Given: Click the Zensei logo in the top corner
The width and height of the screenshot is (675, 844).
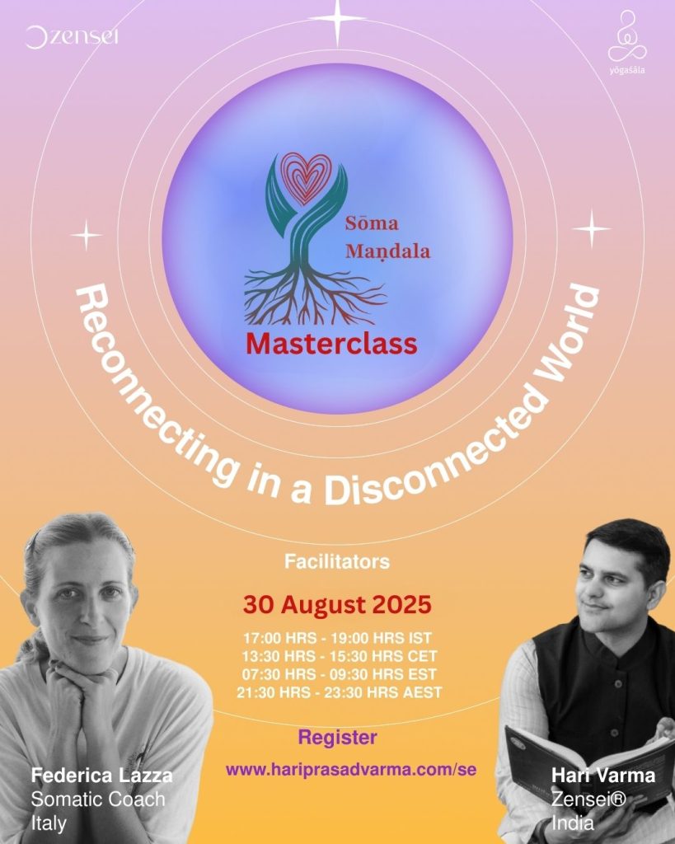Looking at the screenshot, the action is click(72, 37).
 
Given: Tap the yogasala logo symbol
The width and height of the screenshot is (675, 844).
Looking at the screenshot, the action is click(627, 37).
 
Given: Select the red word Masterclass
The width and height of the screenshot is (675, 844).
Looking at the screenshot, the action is click(331, 344).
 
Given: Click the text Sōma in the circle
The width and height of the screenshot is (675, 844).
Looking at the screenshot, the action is click(372, 223).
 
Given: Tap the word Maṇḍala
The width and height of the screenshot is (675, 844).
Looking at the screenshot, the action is click(388, 251).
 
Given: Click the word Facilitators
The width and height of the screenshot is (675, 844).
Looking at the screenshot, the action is click(337, 561).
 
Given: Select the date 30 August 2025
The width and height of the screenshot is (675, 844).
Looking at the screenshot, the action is click(337, 604).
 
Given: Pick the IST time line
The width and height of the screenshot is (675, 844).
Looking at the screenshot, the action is click(338, 639).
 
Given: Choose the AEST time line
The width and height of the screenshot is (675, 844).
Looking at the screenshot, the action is click(339, 692).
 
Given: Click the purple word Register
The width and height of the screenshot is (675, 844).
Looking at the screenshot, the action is click(338, 738).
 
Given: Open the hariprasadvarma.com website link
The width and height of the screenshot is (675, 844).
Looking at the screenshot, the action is click(351, 770).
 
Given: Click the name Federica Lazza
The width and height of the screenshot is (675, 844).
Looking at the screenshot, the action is click(101, 776).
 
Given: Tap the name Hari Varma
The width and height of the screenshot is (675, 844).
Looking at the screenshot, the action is click(603, 776).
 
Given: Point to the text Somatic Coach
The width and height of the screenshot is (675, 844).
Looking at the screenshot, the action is click(98, 799).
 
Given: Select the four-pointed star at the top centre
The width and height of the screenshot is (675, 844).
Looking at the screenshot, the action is click(338, 20).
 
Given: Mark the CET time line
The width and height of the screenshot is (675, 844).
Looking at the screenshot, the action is click(339, 656).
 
